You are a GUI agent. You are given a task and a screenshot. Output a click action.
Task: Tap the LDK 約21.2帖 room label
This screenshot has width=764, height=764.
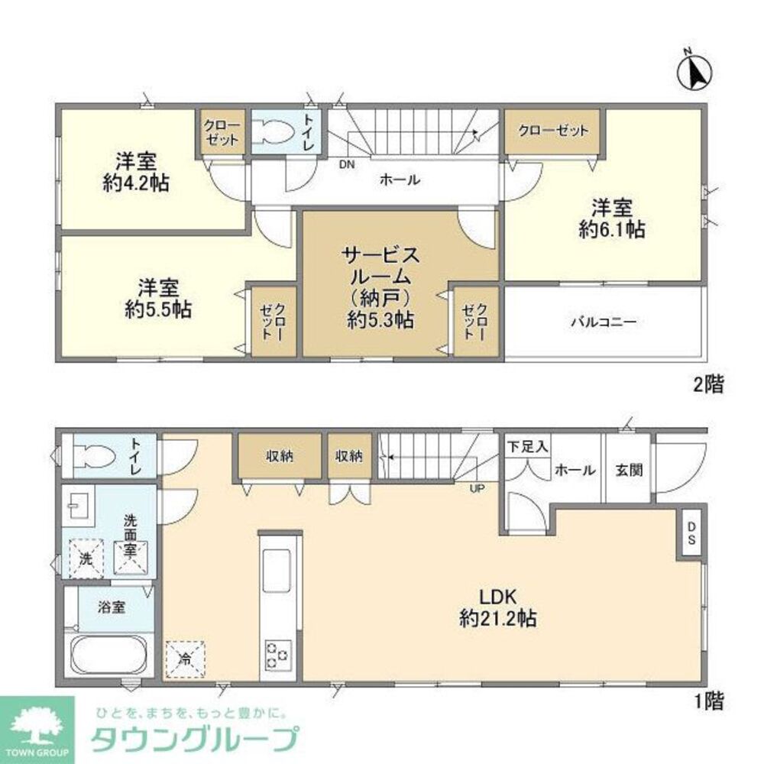(x=498, y=607)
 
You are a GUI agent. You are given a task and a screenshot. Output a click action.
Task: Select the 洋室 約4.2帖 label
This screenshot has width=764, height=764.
(x=137, y=172)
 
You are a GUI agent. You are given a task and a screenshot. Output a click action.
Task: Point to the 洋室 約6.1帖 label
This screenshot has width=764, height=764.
(x=611, y=219)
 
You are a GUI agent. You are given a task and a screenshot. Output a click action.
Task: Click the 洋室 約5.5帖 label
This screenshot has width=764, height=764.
(x=158, y=299)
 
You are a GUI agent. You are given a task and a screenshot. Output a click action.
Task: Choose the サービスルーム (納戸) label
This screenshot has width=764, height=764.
(x=380, y=286)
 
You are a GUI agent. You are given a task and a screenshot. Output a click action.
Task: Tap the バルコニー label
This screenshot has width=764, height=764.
(x=603, y=322)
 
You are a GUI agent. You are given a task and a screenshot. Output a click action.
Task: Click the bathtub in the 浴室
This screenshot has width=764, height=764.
(x=106, y=655)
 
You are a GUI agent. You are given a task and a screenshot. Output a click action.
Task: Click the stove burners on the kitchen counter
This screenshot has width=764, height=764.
(x=277, y=654)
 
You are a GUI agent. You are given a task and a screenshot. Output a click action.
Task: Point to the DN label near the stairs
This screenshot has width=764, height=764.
(x=348, y=164)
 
